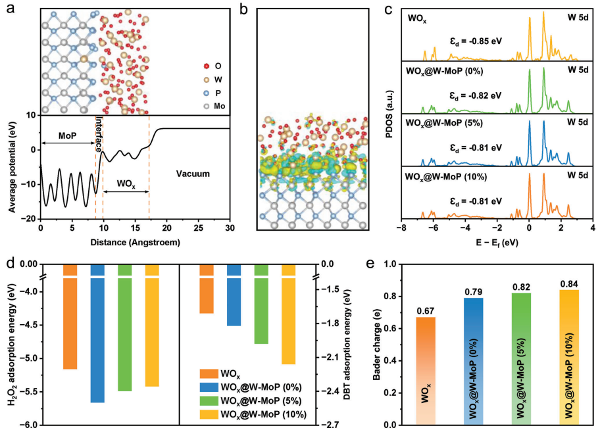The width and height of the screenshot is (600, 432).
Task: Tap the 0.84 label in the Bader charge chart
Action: [570, 284]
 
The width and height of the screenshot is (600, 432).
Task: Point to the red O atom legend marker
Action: [207, 66]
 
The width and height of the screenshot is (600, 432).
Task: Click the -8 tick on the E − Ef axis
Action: [401, 228]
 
